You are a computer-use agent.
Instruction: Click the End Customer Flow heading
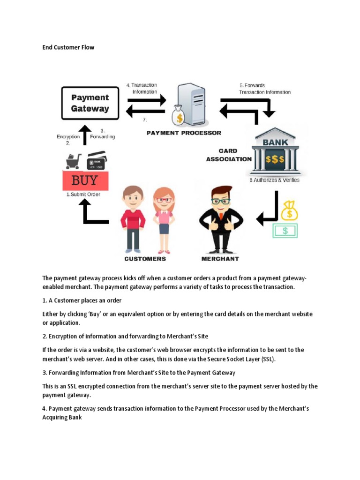68,47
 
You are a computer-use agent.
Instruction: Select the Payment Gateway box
90,103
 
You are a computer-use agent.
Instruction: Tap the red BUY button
85,180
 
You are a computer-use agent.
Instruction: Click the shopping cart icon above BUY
74,161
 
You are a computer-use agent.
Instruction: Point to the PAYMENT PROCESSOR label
184,133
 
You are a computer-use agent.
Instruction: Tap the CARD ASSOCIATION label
228,155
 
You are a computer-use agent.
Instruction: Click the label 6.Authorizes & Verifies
274,180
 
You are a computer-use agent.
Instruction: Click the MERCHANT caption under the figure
220,259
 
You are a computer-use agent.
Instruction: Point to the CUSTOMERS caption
145,259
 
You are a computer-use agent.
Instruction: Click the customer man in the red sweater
133,218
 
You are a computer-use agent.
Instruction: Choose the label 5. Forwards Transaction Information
264,89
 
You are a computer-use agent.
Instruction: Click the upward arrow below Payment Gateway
84,134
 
